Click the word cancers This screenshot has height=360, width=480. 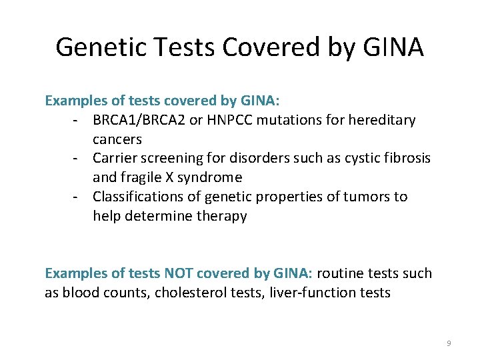click(x=117, y=139)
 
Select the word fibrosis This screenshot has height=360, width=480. click(x=406, y=158)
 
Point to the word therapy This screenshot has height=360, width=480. click(x=221, y=216)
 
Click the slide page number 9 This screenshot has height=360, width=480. click(x=449, y=343)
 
